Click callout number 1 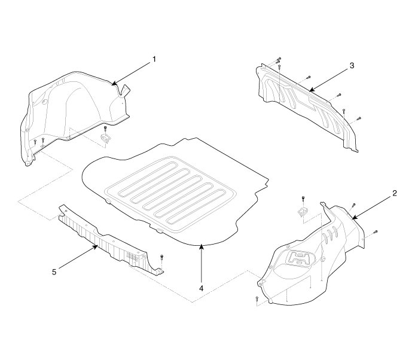154,59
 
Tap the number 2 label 395,193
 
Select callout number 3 352,66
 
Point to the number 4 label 202,288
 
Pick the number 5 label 54,272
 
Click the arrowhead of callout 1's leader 114,84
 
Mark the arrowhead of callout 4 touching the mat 202,246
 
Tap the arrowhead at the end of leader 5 96,246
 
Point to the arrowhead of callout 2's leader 354,217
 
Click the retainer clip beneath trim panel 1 106,138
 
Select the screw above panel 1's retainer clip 105,129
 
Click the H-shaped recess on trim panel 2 300,258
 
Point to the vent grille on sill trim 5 133,257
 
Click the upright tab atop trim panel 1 125,90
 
